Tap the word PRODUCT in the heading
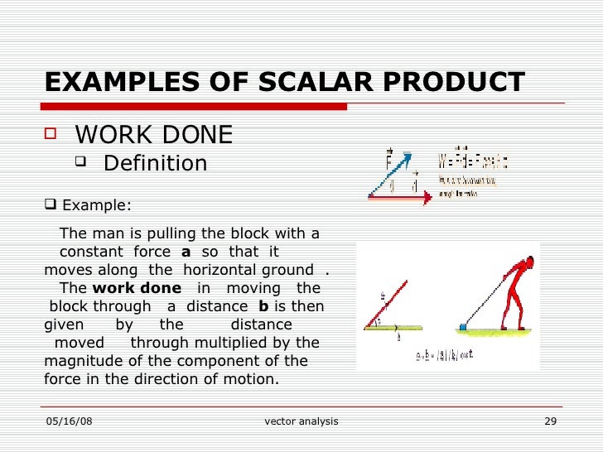(446, 83)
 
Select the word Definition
(155, 164)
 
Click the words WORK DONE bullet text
(153, 135)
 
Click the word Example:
(96, 206)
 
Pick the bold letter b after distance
(263, 306)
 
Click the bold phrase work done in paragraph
(137, 288)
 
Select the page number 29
(550, 421)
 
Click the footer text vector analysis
(301, 421)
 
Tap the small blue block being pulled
(461, 327)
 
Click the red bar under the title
(195, 107)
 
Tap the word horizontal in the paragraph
(220, 270)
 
